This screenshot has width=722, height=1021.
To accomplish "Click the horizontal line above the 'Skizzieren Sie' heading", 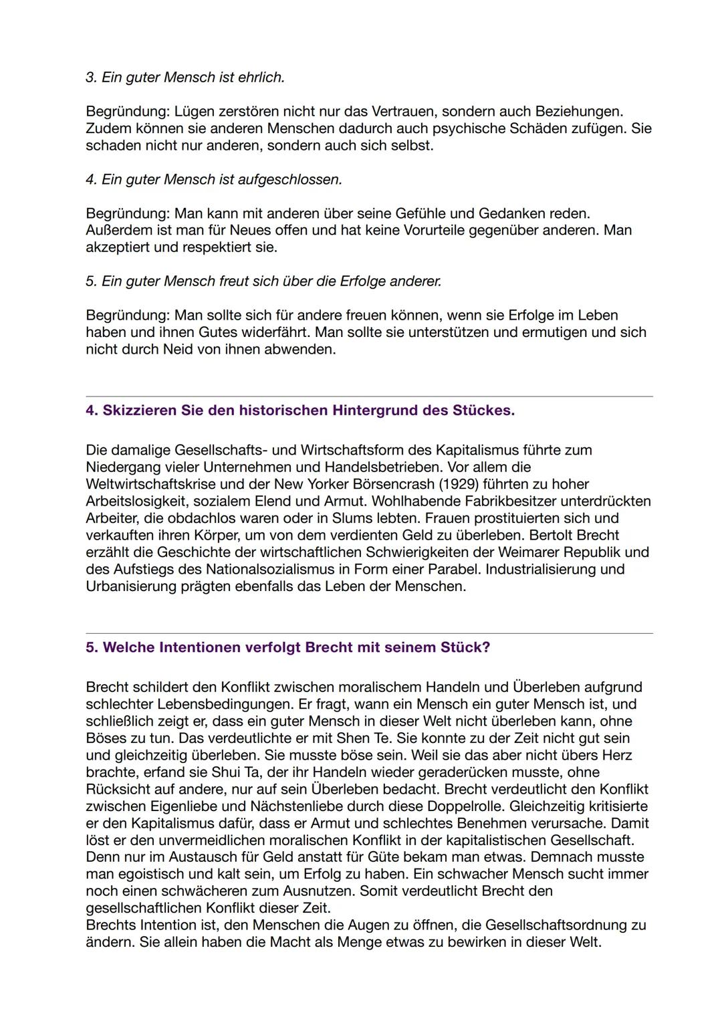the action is point(369,396).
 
